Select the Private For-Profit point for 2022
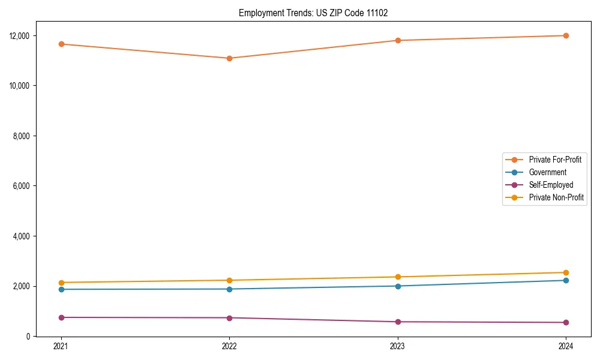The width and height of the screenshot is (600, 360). click(229, 58)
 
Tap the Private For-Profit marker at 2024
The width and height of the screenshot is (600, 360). click(566, 35)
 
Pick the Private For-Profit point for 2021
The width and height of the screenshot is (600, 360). click(61, 44)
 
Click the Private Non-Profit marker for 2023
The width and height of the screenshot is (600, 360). click(398, 277)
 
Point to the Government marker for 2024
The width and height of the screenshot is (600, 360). click(566, 280)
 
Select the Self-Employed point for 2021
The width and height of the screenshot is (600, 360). click(61, 317)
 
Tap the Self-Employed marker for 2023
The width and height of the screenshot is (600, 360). click(398, 322)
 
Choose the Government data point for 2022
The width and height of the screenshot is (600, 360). click(229, 289)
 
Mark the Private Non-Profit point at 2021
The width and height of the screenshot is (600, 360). click(61, 283)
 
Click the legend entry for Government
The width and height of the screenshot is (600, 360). click(547, 172)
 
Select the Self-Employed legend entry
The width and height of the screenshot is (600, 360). click(551, 185)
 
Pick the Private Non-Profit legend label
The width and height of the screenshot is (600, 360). click(556, 197)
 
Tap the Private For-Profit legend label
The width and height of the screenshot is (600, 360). click(555, 160)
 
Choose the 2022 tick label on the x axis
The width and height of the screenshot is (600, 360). click(229, 346)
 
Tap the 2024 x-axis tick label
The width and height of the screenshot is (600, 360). click(566, 346)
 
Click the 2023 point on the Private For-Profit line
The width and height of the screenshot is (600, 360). click(398, 40)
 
